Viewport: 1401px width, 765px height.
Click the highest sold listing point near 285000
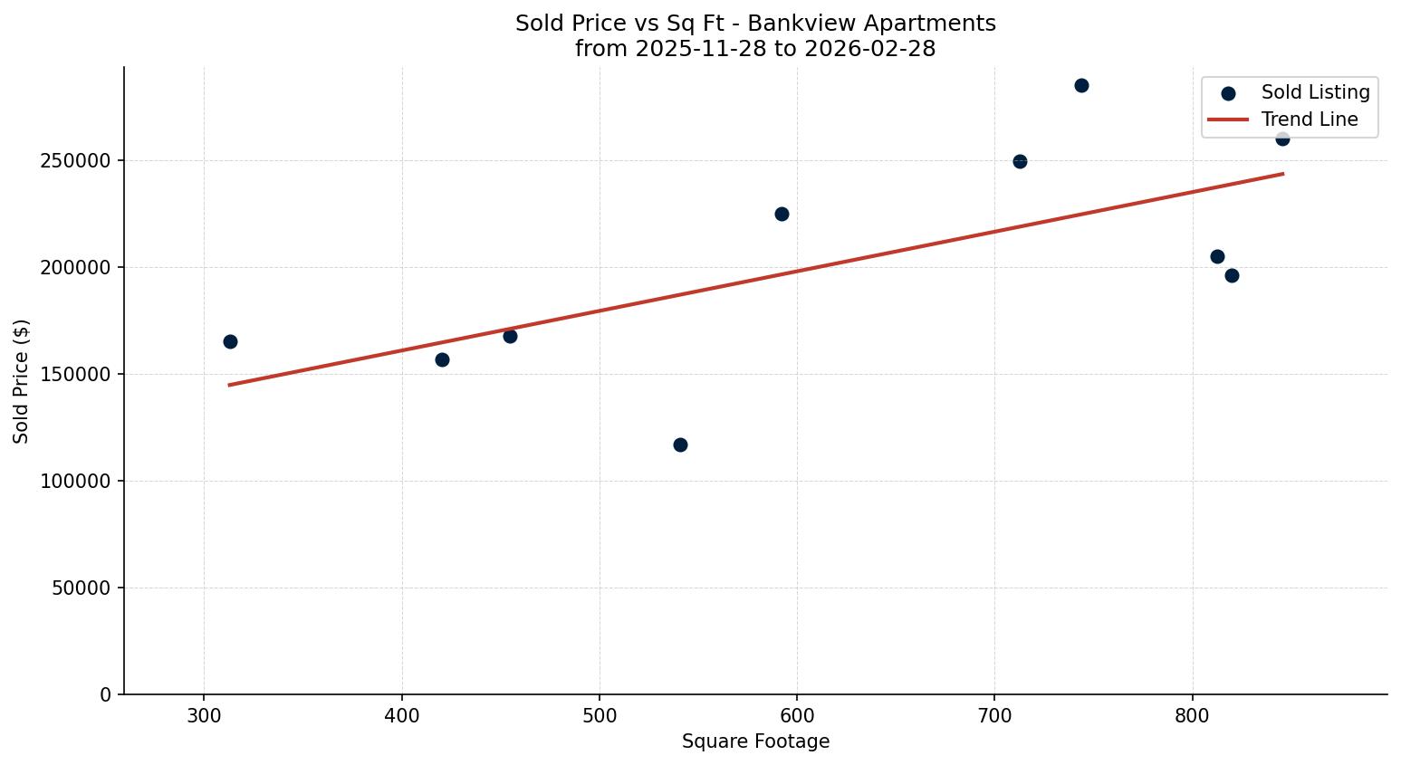tap(1081, 85)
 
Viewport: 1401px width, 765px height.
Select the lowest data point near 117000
tap(680, 445)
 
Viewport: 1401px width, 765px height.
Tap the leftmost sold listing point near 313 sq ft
tap(230, 341)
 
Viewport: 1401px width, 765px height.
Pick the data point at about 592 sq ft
tap(782, 214)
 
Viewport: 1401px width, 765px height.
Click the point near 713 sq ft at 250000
tap(1020, 161)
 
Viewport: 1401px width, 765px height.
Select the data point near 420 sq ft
tap(442, 359)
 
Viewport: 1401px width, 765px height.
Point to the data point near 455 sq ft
tap(510, 336)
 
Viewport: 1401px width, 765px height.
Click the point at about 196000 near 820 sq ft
tap(1232, 275)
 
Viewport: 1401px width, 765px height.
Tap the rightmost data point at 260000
tap(1282, 139)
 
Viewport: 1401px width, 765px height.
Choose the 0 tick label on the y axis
tap(106, 695)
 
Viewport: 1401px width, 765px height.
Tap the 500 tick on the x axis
tap(600, 716)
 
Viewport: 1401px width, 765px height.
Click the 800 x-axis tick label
tap(1192, 716)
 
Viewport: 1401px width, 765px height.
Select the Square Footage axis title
tap(755, 741)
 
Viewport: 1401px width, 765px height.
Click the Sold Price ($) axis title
tap(22, 381)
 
